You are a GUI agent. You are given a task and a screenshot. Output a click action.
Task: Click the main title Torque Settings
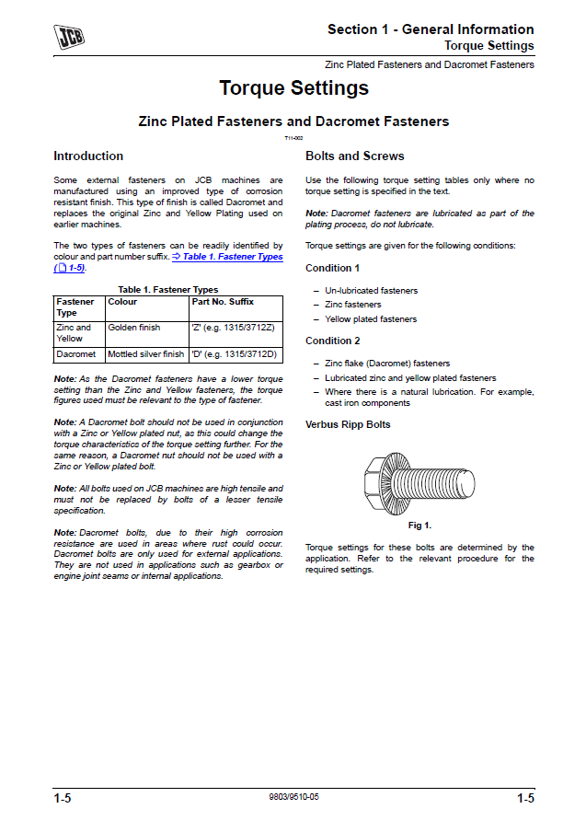[293, 88]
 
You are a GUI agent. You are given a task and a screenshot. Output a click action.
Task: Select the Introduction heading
[88, 156]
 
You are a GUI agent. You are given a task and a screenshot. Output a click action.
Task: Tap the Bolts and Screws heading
[354, 156]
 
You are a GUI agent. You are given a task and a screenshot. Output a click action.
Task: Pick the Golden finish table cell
[134, 327]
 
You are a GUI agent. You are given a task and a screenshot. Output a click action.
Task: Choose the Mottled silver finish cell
[146, 354]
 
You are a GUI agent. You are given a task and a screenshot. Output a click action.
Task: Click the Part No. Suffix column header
[223, 302]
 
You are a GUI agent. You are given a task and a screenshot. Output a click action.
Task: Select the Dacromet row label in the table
[76, 354]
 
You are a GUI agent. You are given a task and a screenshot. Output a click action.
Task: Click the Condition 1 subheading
[332, 269]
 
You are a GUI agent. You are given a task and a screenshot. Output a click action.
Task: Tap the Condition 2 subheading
[332, 341]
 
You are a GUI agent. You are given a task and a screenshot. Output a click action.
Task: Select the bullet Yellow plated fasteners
[371, 319]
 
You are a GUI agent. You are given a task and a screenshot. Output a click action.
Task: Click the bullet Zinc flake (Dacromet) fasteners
[387, 364]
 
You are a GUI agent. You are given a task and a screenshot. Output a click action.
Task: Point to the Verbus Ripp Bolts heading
[348, 425]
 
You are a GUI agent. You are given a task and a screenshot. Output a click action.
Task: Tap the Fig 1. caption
[419, 526]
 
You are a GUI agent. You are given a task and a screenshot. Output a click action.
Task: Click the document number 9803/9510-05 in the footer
[293, 797]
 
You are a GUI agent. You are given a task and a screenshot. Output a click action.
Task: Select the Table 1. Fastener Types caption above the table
[168, 290]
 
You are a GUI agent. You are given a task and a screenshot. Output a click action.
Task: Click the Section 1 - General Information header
[431, 29]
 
